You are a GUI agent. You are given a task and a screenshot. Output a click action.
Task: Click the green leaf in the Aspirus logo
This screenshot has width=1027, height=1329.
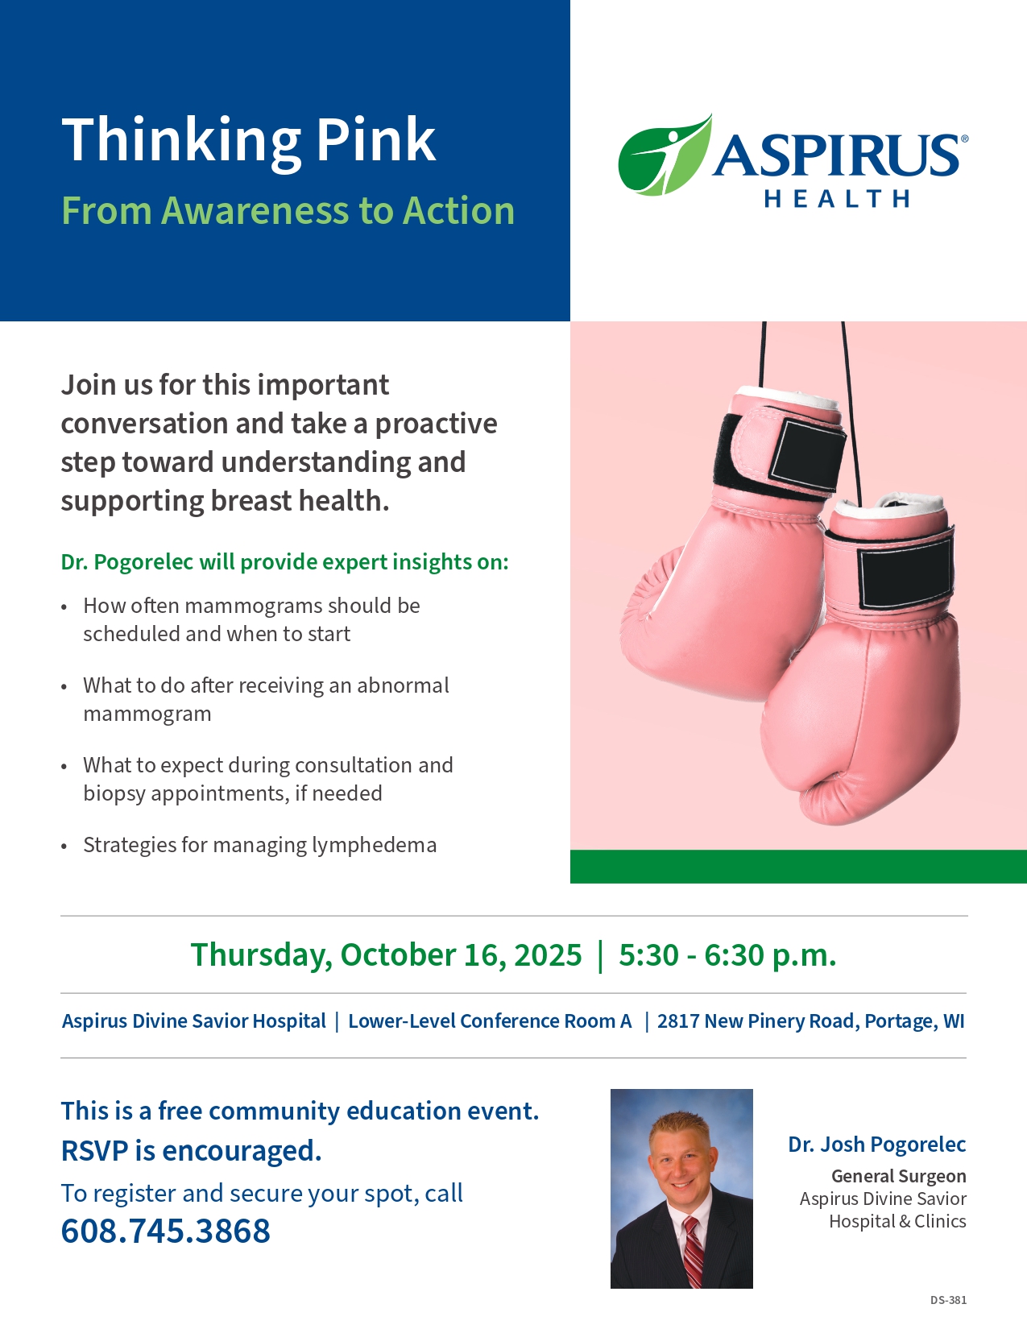665,155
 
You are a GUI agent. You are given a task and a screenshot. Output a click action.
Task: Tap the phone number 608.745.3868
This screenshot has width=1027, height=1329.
165,1232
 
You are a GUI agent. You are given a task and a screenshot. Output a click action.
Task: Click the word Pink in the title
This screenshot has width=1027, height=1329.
375,140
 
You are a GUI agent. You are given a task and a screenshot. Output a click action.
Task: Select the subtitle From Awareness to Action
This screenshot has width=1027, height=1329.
288,210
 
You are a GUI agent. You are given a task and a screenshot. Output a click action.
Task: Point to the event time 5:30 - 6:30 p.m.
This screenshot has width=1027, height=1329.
727,954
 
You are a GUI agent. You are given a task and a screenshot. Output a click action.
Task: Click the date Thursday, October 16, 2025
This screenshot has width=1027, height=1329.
386,955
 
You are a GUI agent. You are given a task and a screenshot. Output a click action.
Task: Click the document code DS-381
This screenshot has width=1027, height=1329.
948,1300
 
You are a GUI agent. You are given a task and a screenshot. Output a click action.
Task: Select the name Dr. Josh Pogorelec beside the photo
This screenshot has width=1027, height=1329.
876,1145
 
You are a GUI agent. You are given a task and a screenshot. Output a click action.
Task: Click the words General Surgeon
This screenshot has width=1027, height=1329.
899,1176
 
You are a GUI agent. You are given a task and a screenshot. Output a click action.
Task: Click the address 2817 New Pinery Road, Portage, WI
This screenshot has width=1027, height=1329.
810,1021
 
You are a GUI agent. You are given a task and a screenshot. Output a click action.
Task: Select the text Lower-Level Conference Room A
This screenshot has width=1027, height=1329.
490,1021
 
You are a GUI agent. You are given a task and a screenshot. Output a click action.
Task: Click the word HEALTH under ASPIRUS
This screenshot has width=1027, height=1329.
837,199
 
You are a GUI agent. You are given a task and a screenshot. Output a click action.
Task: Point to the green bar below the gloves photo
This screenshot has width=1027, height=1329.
798,866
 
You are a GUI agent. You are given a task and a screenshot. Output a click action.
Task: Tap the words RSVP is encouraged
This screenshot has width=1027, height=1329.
191,1151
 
